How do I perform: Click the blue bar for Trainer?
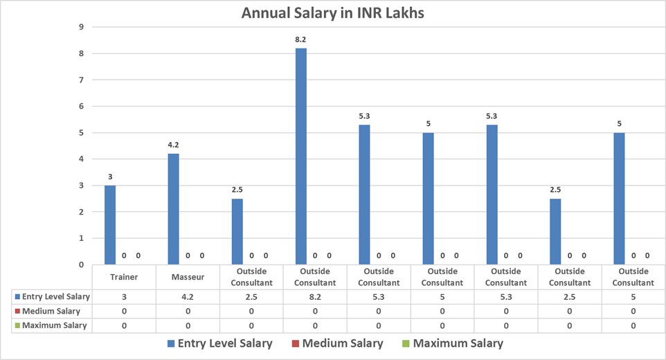click(110, 224)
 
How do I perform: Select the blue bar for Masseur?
click(173, 208)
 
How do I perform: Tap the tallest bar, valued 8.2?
click(300, 156)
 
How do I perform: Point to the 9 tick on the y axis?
click(82, 27)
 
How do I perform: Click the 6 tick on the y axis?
click(82, 106)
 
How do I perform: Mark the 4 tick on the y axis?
click(82, 159)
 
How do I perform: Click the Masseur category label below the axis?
click(188, 277)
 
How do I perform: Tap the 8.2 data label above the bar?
click(300, 40)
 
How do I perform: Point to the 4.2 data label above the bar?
click(173, 145)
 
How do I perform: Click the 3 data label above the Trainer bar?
click(110, 177)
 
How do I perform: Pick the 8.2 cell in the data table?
click(315, 296)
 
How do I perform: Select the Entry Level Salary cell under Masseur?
click(188, 296)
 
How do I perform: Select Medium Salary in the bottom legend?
click(340, 343)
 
